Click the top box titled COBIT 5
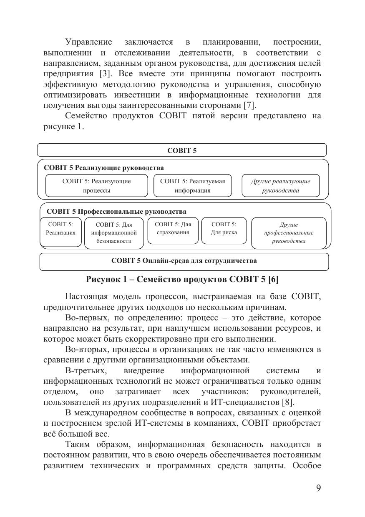[x=182, y=150]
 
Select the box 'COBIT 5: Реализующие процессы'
[x=96, y=186]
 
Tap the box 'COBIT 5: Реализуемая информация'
[x=192, y=186]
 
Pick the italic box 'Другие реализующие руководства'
[x=280, y=186]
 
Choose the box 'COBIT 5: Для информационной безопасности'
[x=114, y=233]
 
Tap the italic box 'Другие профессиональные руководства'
[x=288, y=233]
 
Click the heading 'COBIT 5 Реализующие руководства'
[x=104, y=168]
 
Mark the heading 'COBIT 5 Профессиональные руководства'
[x=116, y=212]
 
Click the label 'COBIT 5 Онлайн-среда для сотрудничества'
[x=184, y=261]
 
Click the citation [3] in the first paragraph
[x=105, y=74]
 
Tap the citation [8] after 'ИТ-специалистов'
[x=288, y=402]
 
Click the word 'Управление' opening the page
[x=88, y=42]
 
